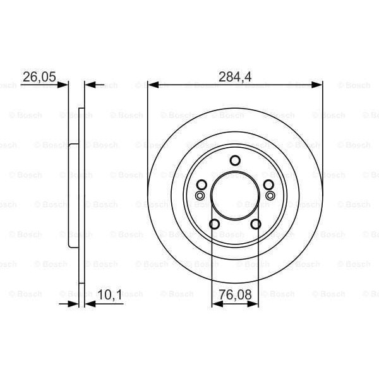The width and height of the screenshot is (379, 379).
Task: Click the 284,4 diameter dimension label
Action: tap(235, 76)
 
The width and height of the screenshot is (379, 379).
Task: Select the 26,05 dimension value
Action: tap(39, 76)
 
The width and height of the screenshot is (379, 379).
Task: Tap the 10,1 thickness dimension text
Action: tap(109, 295)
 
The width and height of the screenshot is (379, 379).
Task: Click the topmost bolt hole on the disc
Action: tap(235, 160)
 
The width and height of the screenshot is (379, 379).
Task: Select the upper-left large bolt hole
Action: tap(202, 184)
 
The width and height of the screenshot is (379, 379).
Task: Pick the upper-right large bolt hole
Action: tap(268, 184)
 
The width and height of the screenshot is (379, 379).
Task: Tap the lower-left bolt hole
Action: tap(214, 224)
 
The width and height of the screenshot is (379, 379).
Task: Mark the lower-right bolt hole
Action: tap(256, 224)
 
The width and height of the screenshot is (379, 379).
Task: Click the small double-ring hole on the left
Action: tap(200, 195)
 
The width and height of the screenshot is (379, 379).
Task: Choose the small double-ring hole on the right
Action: tap(271, 195)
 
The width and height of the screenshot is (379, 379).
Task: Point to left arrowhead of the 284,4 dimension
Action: tap(152, 85)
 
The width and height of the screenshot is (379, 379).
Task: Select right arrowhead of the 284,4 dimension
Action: tap(318, 85)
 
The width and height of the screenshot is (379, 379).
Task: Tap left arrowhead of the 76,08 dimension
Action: tap(216, 304)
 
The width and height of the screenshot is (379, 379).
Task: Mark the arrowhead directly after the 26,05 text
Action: tap(64, 85)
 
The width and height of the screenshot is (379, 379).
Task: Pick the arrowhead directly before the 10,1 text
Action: tap(88, 304)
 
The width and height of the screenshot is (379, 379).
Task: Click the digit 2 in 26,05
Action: tap(26, 76)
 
